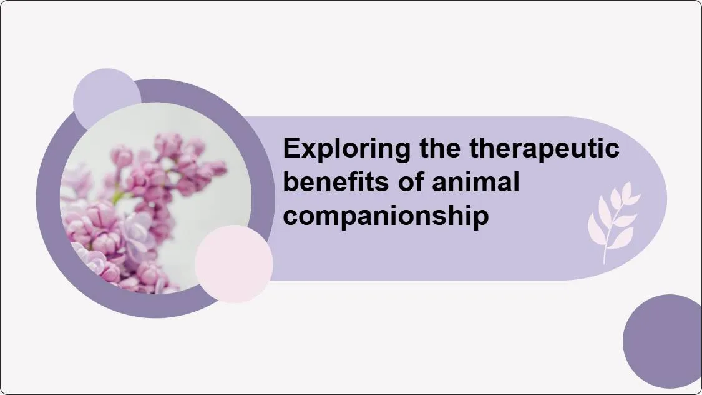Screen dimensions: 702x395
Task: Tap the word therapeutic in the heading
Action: [x=544, y=148]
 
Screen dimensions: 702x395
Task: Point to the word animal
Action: [x=476, y=182]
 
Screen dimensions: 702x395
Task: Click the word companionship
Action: [x=386, y=216]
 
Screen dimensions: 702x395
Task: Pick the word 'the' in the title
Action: [x=440, y=147]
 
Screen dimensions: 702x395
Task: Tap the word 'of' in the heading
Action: [x=411, y=182]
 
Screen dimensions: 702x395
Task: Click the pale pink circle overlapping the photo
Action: [x=234, y=264]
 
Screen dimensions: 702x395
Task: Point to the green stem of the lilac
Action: [x=118, y=196]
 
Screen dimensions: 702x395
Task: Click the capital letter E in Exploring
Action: [x=291, y=148]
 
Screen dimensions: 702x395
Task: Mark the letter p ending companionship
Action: [x=481, y=219]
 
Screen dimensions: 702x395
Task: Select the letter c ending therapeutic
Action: [x=613, y=151]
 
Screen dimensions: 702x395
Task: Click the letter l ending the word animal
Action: [x=517, y=181]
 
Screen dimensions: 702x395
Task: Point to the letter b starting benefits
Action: [x=291, y=182]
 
